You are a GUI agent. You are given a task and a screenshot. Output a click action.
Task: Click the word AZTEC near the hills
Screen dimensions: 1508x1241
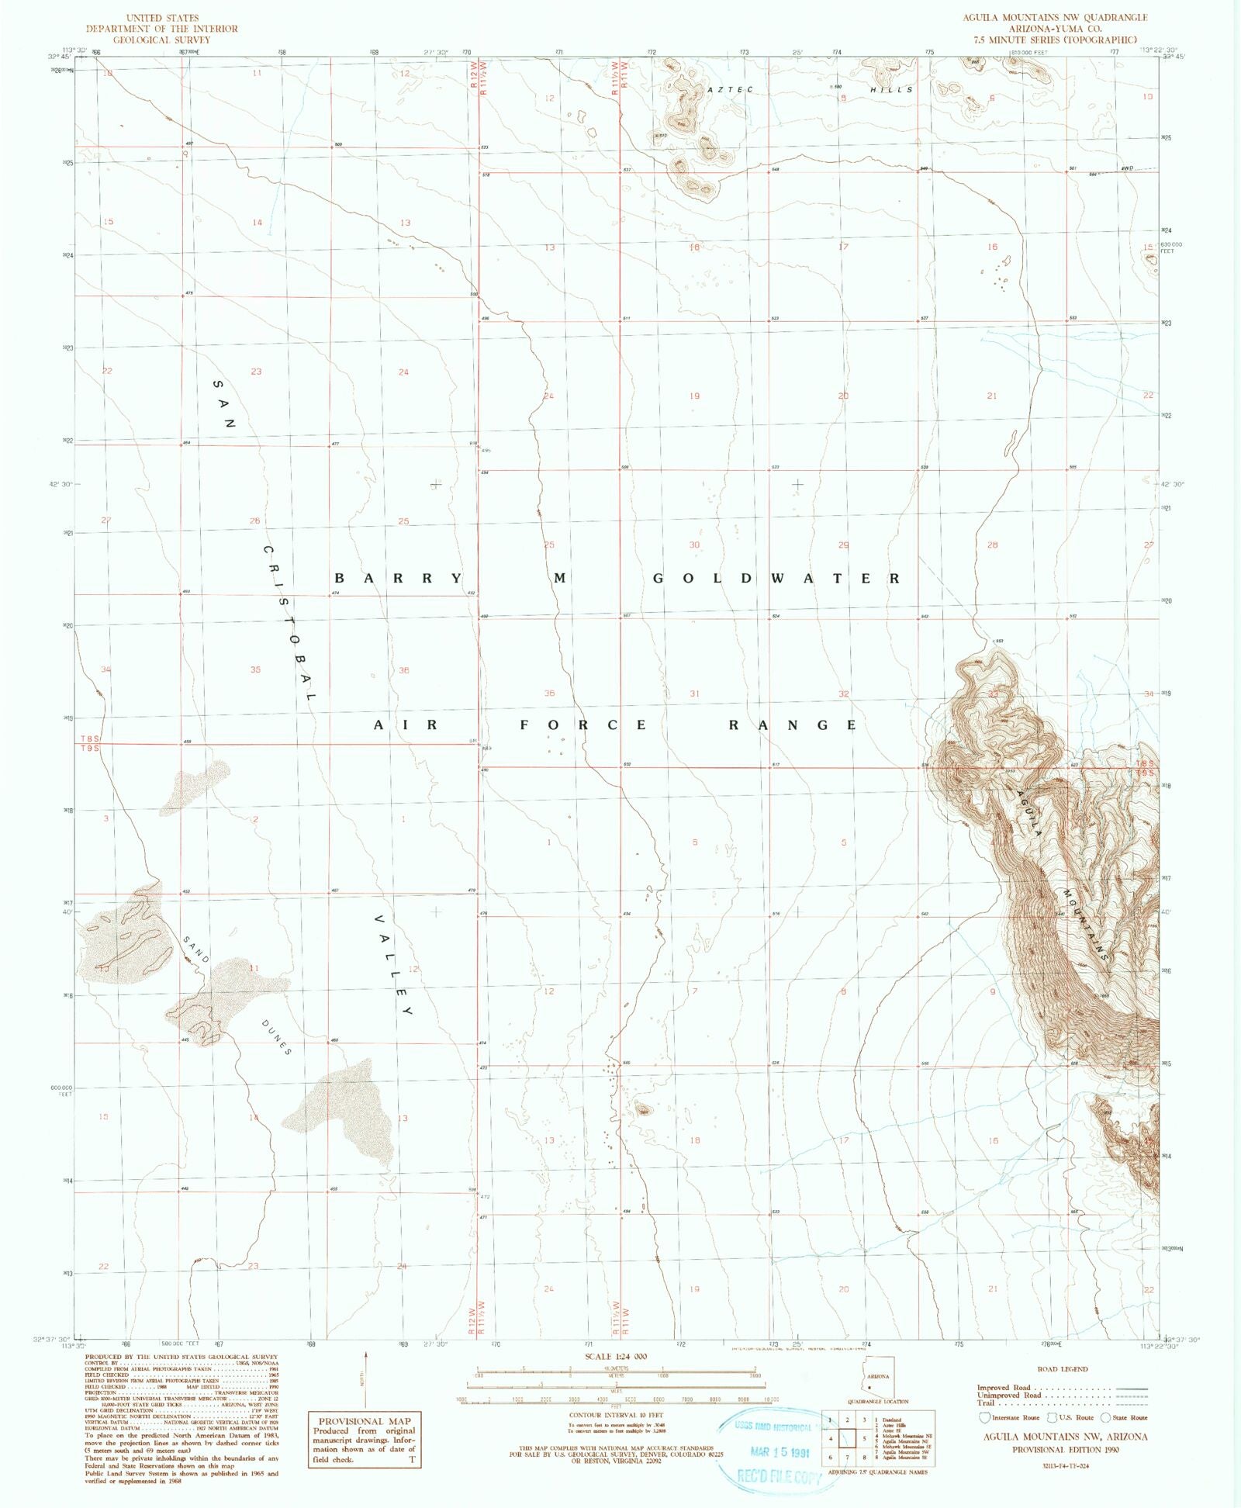tap(730, 90)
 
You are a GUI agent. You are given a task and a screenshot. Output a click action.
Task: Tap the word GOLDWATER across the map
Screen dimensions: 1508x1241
tap(776, 579)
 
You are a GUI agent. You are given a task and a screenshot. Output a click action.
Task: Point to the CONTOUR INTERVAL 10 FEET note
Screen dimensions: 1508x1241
tap(616, 1415)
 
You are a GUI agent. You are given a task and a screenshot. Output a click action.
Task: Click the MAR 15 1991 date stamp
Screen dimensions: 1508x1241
tap(779, 1452)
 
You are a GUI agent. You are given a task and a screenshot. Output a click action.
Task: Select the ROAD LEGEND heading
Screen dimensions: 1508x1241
tap(1062, 1369)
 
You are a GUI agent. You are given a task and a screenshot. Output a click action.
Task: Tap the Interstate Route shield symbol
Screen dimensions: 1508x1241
tap(985, 1417)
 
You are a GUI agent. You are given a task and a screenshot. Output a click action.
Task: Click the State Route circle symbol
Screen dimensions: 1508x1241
tap(1105, 1417)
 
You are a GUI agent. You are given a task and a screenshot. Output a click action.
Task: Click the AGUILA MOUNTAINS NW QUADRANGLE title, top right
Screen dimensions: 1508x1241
tap(1055, 17)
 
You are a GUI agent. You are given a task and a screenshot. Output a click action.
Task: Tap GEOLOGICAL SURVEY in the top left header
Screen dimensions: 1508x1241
tap(161, 40)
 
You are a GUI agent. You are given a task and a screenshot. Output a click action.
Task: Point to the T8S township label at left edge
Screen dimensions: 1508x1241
tap(90, 739)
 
